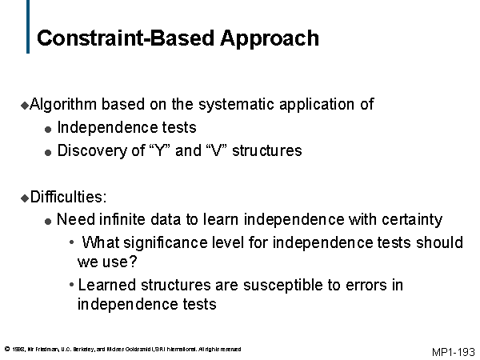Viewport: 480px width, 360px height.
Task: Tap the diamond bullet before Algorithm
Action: point(24,105)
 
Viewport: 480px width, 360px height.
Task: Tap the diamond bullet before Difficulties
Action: point(24,196)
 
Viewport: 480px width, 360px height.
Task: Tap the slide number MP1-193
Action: point(453,352)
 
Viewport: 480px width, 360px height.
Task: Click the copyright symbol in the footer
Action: point(6,349)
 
